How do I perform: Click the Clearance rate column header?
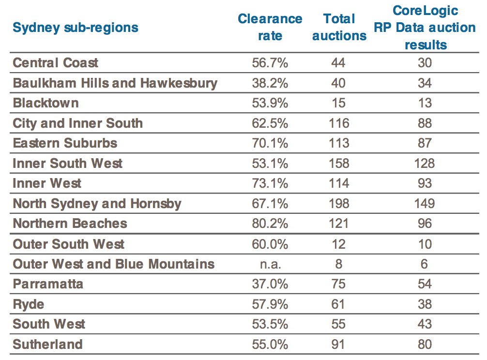[270, 27]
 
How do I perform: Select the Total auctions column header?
[339, 27]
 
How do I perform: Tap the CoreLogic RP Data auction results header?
[425, 28]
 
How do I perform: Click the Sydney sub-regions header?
[76, 27]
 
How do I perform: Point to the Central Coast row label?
[56, 63]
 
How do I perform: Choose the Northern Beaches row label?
[70, 224]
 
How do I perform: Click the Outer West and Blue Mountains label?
[114, 264]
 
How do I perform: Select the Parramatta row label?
[48, 284]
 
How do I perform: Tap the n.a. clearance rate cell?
[270, 264]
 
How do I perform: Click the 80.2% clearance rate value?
[270, 224]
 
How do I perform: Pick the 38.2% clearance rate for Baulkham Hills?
[270, 83]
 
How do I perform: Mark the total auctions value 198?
[338, 203]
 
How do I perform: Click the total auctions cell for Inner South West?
[338, 163]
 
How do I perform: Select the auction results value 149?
[425, 203]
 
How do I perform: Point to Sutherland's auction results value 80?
[425, 345]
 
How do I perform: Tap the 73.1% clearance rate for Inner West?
[270, 183]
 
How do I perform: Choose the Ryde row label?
[29, 304]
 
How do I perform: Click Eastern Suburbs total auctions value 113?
[338, 143]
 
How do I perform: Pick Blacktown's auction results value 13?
[425, 103]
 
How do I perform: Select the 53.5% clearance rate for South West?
[270, 324]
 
